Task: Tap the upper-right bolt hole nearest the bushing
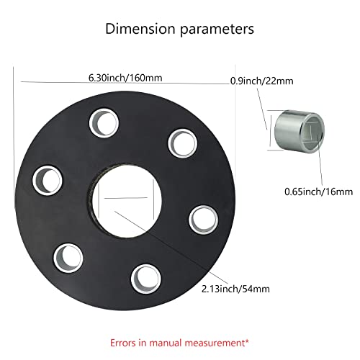coord(181,143)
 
